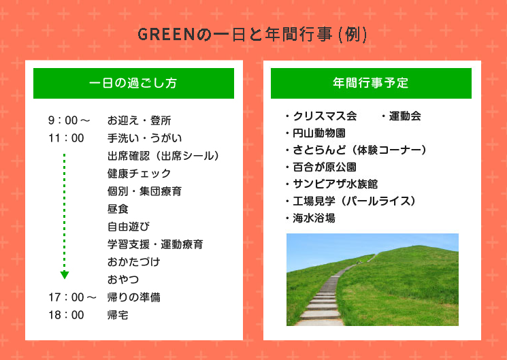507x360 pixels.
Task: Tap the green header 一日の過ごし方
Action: tap(133, 83)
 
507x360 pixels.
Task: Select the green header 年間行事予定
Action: tap(371, 83)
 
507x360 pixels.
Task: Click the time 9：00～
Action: tap(69, 120)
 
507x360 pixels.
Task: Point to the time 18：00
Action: tap(66, 314)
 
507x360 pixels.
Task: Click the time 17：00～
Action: tap(72, 297)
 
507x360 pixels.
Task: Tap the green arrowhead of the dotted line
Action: tap(65, 275)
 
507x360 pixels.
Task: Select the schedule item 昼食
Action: tap(118, 209)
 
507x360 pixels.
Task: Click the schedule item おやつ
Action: tap(123, 279)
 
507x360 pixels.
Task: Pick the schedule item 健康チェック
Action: tap(139, 174)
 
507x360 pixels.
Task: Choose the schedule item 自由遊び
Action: tap(129, 227)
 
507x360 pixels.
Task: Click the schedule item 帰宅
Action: tap(118, 314)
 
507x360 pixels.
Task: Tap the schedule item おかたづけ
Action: tap(134, 262)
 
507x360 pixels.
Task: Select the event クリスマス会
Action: tap(325, 116)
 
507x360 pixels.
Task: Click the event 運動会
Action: tap(405, 116)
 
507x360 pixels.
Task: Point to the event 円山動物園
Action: tap(318, 133)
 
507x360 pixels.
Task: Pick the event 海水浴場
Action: tap(314, 218)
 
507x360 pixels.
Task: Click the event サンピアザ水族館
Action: tap(335, 184)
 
